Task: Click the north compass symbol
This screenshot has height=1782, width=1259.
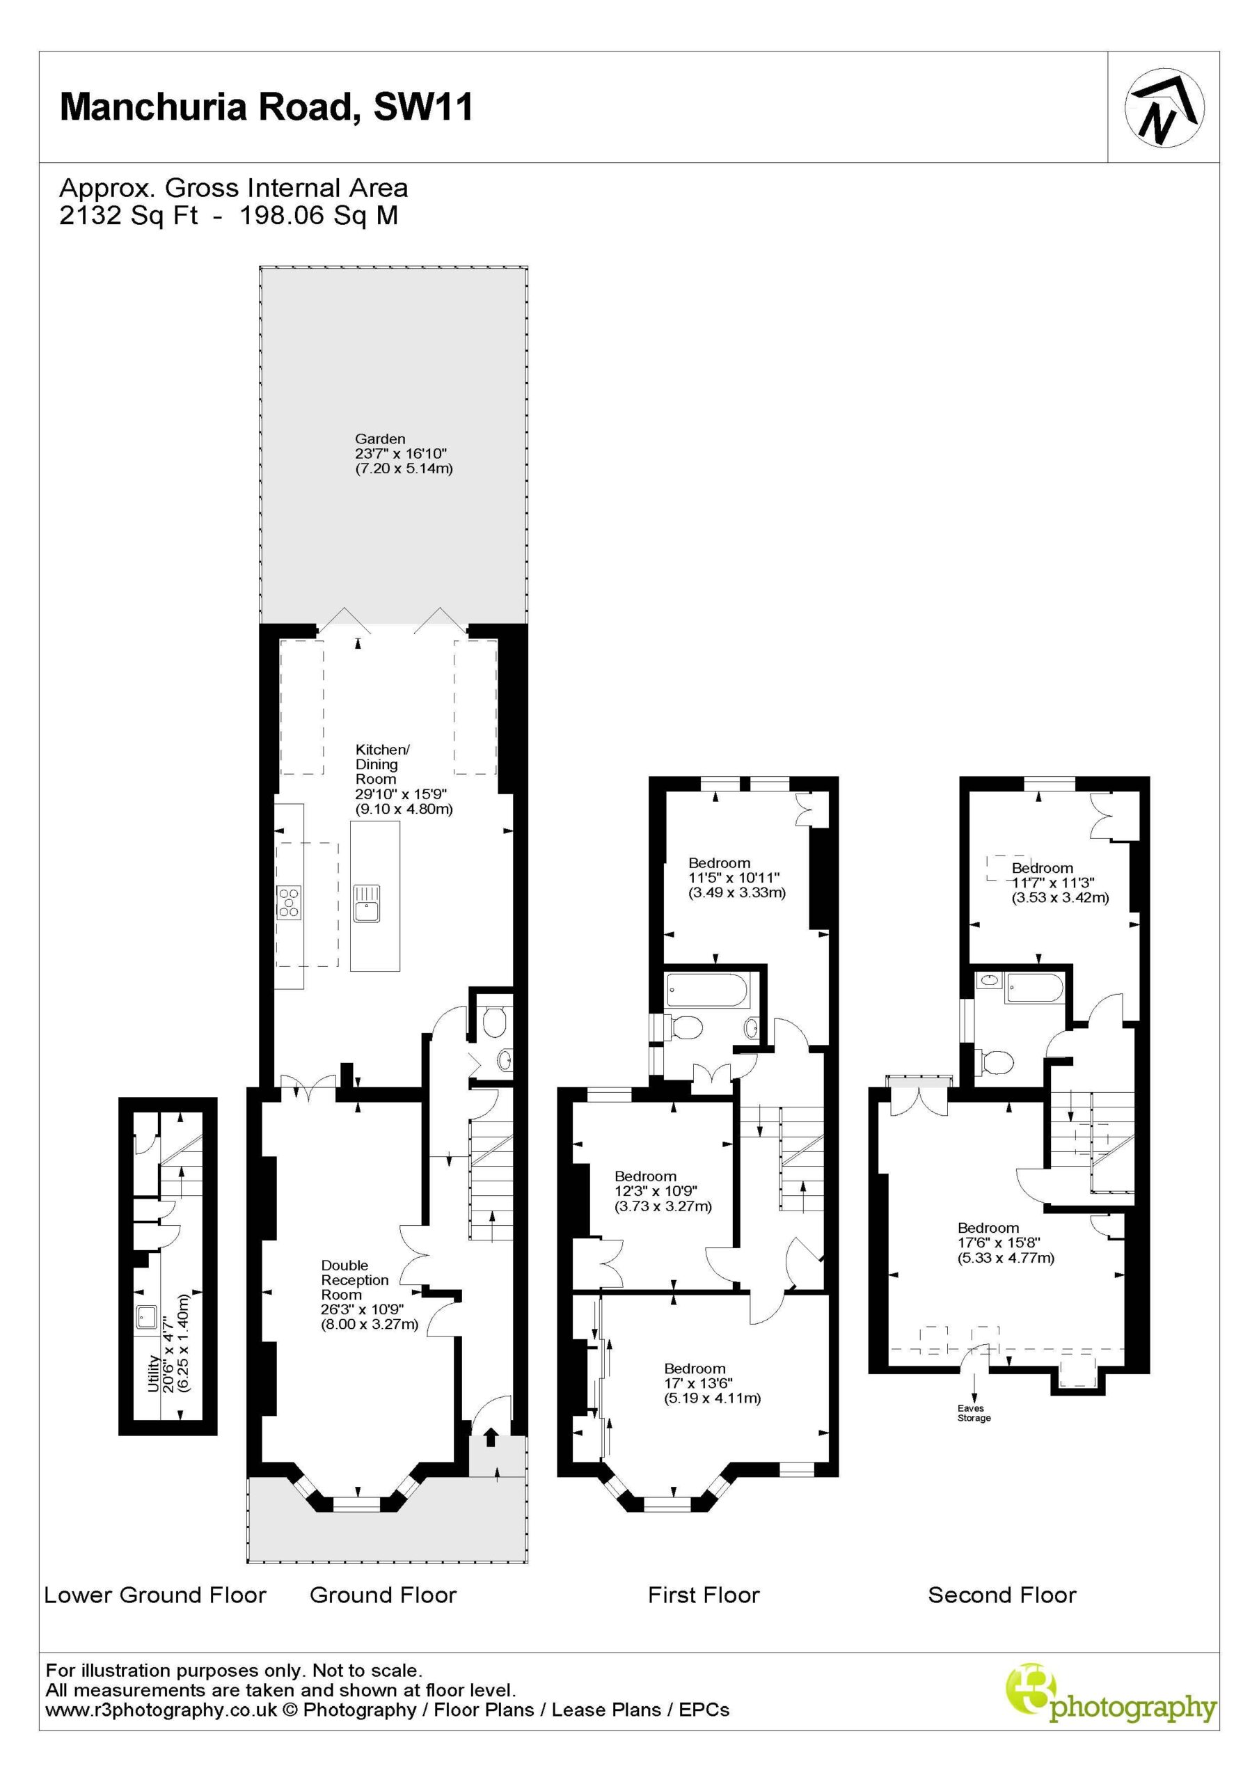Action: (1164, 108)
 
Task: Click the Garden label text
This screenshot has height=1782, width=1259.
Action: (380, 439)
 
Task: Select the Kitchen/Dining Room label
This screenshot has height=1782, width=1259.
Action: (404, 778)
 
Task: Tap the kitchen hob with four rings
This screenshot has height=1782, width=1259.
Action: (290, 903)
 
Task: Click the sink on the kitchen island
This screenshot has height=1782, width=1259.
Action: (365, 903)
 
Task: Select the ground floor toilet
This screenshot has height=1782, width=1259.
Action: (494, 1022)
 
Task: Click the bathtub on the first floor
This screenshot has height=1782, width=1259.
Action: (706, 991)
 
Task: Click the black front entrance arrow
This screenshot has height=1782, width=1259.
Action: (491, 1437)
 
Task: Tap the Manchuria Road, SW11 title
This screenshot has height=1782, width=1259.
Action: (267, 107)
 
